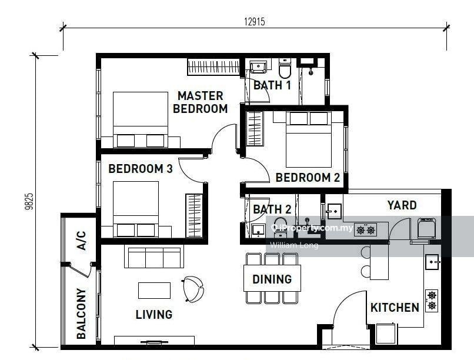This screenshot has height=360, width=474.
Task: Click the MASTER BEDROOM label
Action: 200,102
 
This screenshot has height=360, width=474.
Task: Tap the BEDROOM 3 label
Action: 140,169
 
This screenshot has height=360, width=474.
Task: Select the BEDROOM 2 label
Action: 308,178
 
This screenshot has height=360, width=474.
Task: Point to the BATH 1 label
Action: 272,86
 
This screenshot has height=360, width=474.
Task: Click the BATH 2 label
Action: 272,209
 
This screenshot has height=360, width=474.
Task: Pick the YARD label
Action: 402,205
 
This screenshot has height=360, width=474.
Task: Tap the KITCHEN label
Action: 395,307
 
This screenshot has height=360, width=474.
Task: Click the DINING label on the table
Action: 272,279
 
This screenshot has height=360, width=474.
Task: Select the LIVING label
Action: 153,315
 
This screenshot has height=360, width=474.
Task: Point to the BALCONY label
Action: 81,314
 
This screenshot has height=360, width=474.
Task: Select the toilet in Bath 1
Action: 285,69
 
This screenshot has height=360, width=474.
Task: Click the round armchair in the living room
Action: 193,288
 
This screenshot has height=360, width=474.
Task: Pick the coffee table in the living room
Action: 154,290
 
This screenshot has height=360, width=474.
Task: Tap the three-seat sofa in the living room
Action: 152,256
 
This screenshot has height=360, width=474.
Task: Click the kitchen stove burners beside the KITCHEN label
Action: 432,301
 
